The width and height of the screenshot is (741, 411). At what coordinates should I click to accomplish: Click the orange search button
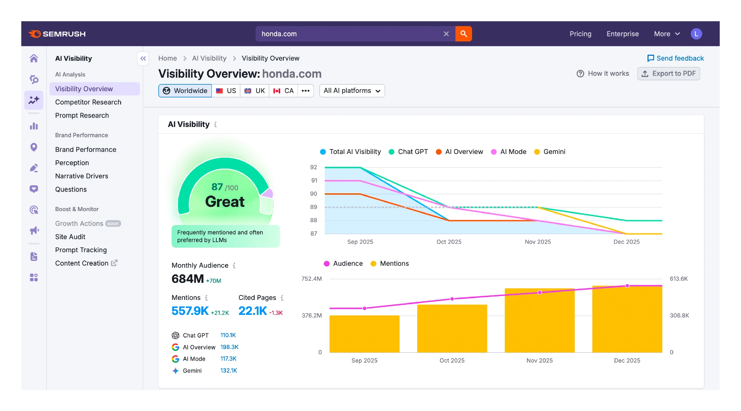click(x=463, y=34)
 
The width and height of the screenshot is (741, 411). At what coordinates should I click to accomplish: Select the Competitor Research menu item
click(x=88, y=102)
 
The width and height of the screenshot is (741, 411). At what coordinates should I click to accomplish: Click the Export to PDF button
click(x=668, y=73)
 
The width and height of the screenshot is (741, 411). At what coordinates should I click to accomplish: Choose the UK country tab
click(x=255, y=91)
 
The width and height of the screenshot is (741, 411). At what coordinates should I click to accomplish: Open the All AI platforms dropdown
click(x=352, y=91)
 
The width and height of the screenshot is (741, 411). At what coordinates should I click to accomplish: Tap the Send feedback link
click(x=675, y=58)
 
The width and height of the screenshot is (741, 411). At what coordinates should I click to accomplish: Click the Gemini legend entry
click(x=550, y=152)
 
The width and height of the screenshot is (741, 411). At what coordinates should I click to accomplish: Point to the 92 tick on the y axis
click(x=313, y=167)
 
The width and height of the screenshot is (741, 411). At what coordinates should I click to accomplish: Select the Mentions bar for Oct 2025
click(x=452, y=328)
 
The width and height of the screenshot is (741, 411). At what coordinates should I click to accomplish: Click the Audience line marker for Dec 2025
click(x=627, y=286)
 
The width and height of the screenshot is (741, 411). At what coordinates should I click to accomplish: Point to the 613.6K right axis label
click(x=679, y=279)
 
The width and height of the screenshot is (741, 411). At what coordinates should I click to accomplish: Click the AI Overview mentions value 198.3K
click(x=229, y=347)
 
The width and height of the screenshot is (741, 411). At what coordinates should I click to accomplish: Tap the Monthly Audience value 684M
click(x=188, y=279)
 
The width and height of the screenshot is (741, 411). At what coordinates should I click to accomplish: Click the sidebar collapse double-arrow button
click(x=143, y=59)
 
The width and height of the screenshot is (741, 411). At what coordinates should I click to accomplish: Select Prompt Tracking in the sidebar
click(x=81, y=250)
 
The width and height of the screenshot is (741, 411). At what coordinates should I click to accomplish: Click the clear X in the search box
click(x=446, y=34)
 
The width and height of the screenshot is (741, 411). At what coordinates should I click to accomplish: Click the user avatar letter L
click(x=696, y=34)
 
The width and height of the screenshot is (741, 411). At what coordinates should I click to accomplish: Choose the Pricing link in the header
click(x=580, y=34)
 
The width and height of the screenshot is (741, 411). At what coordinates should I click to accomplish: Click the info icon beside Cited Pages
click(x=282, y=298)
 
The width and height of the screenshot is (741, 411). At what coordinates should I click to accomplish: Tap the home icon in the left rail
click(x=34, y=58)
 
